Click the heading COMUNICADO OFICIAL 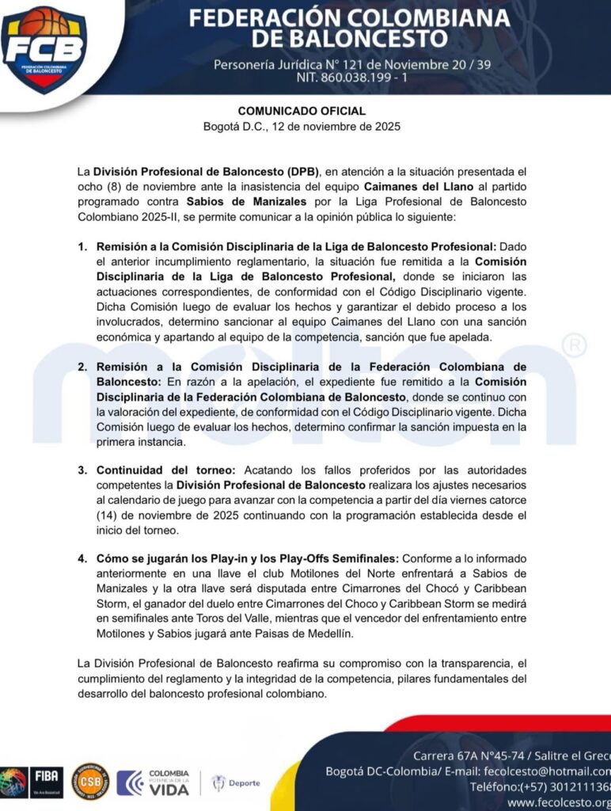coord(302,112)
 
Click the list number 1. coord(82,247)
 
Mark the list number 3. coord(82,470)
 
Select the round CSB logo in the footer coord(89,782)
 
